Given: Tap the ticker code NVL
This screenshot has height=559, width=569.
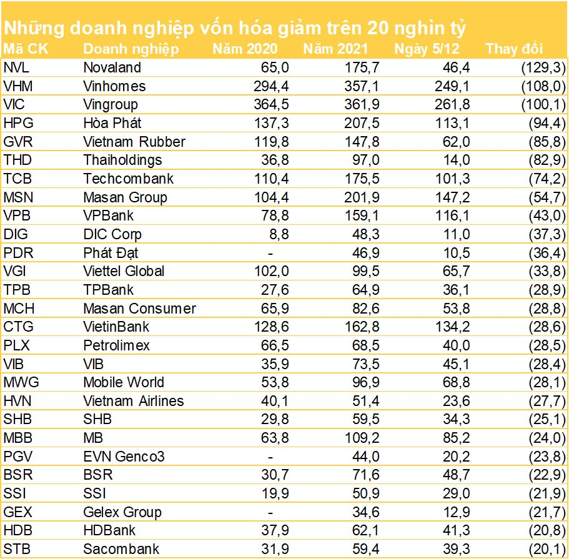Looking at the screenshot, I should [x=16, y=67].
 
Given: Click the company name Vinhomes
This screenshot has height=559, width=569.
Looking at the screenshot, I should [x=114, y=86].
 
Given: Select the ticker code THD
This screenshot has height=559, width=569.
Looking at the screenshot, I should [x=17, y=160].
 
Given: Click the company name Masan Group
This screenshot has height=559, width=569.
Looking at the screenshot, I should [x=125, y=197].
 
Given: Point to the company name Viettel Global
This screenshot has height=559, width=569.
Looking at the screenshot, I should [x=124, y=271].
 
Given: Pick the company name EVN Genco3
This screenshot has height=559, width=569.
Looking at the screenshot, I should [x=124, y=457].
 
